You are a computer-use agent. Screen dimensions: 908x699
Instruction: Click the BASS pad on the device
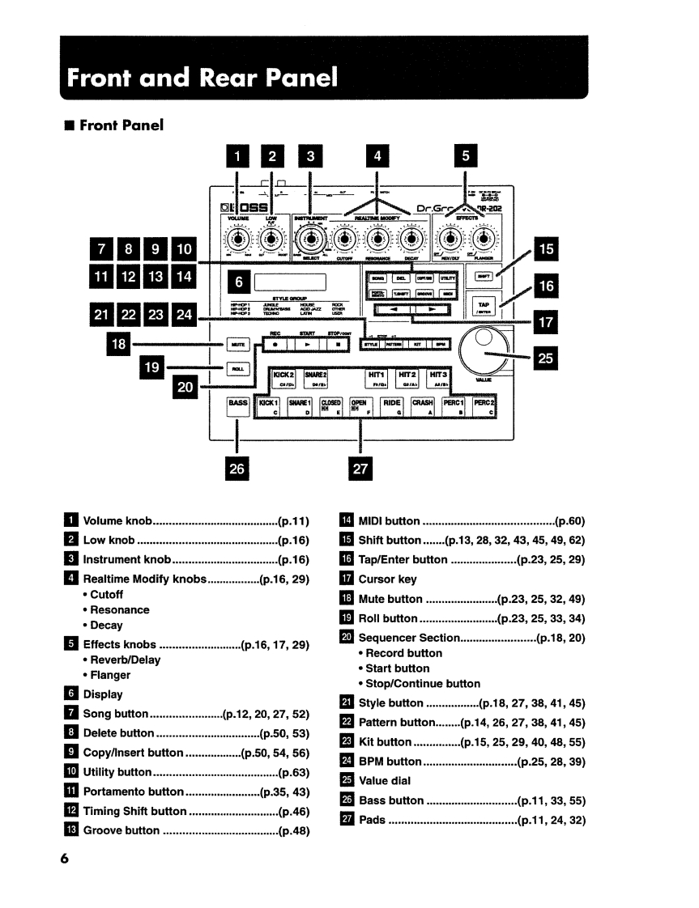click(x=237, y=405)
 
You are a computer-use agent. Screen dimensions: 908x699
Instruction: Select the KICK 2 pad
click(x=284, y=380)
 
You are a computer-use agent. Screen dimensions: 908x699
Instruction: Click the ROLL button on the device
click(x=237, y=369)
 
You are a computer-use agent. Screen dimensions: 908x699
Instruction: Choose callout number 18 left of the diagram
click(x=119, y=343)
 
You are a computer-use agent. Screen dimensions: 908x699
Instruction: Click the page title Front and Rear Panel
click(x=201, y=78)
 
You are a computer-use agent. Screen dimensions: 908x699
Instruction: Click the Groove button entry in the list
click(x=121, y=830)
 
